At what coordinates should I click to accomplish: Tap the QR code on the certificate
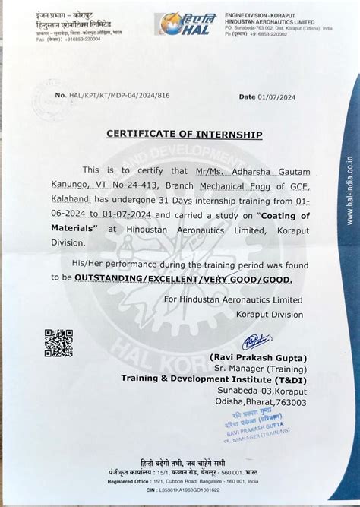[58, 343]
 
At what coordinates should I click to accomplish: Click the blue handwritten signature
[257, 342]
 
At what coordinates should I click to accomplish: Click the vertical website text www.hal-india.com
[349, 190]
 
